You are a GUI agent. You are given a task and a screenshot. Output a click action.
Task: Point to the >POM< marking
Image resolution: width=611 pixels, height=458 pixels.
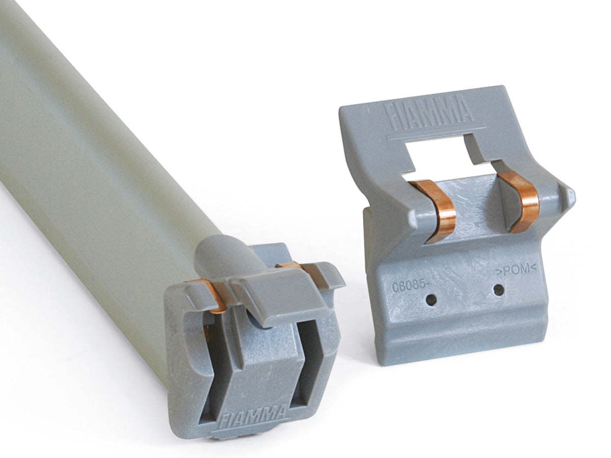[x=516, y=270]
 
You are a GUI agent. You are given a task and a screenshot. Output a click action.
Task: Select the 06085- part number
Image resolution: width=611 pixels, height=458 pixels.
[x=408, y=286]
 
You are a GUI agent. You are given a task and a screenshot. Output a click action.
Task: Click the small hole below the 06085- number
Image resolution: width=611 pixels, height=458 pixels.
[x=431, y=301]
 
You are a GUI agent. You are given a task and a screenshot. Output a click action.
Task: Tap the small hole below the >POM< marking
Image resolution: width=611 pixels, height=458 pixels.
[x=498, y=290]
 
